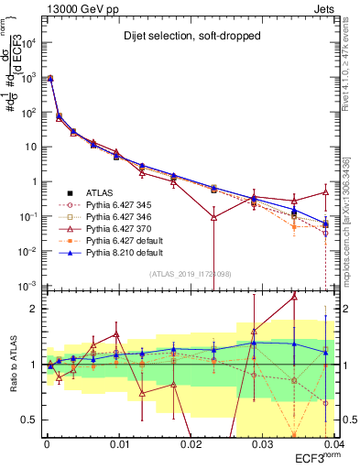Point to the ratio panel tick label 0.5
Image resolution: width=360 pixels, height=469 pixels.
click(30, 420)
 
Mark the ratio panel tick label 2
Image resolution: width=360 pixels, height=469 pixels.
click(35, 309)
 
